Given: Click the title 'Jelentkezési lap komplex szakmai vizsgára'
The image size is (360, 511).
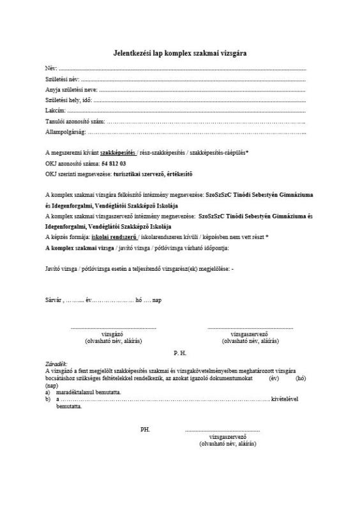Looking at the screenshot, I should click(x=180, y=53).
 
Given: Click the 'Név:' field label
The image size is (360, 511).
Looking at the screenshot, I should click(x=51, y=68).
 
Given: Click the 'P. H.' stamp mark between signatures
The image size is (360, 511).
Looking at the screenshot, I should click(x=180, y=352).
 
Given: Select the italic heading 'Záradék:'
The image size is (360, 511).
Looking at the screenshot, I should click(x=56, y=363).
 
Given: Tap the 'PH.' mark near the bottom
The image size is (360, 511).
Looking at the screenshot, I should click(x=145, y=429).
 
